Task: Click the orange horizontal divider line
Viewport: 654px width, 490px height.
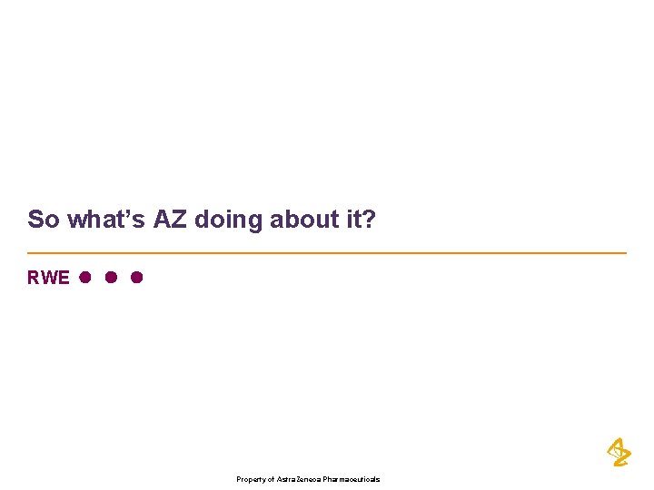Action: tap(327, 252)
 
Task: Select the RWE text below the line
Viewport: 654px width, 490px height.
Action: tap(48, 278)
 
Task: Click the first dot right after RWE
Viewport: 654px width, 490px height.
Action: tap(84, 277)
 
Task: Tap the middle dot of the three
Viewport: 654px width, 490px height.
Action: tap(110, 277)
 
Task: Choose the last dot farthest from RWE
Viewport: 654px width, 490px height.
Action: tap(136, 277)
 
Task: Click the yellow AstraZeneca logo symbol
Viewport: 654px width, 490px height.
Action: tap(619, 452)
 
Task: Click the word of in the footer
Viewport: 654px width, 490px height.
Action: tap(271, 479)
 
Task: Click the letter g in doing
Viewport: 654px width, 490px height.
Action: tap(256, 221)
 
